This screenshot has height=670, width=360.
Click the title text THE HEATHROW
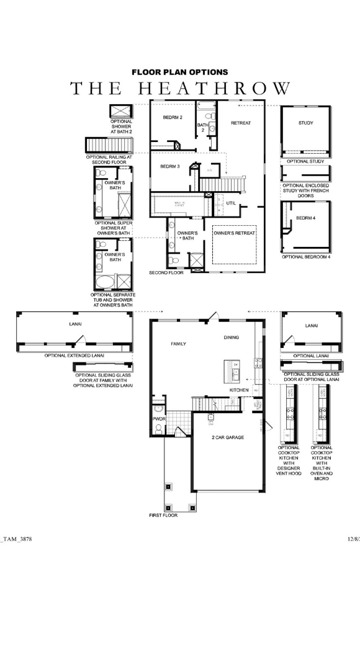point(180,88)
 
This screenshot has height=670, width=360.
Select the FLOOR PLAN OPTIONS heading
point(180,73)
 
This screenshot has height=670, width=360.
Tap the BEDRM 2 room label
point(173,117)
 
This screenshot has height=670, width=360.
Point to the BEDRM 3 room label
point(169,166)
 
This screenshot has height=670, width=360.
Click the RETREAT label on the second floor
point(241,123)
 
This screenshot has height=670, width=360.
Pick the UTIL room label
point(231,203)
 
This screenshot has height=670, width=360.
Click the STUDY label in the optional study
point(305,123)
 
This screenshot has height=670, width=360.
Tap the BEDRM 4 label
point(305,218)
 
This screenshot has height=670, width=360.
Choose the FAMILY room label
point(179,344)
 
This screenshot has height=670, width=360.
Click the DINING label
point(232,337)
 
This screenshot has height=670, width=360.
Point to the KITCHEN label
point(239,390)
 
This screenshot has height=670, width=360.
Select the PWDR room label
point(158,419)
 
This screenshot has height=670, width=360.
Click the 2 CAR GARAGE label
point(227,437)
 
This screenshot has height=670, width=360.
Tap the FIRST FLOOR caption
point(163,516)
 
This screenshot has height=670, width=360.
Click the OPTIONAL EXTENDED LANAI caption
point(74,355)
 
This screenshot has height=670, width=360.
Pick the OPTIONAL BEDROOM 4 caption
point(306,256)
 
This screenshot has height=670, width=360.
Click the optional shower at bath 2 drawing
point(118,112)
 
